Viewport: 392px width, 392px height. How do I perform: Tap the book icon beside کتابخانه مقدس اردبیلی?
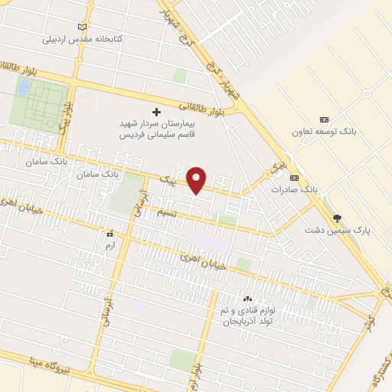pos(83,27)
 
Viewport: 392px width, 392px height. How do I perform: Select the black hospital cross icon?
pos(158,112)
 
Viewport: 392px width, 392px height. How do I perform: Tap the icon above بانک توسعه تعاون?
pos(324,119)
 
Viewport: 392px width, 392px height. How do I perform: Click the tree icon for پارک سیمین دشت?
pos(336,219)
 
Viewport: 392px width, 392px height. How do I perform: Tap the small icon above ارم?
pos(109,234)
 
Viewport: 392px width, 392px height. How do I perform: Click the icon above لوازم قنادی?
pos(247,298)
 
